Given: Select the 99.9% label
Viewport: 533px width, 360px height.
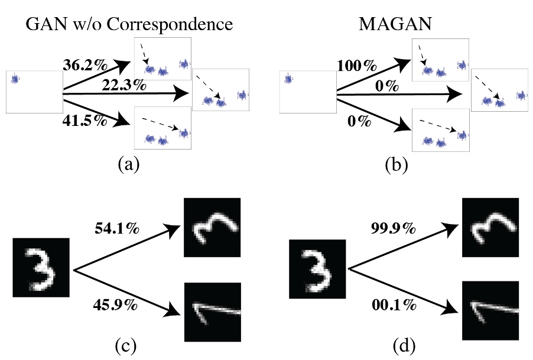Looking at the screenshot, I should tap(394, 227).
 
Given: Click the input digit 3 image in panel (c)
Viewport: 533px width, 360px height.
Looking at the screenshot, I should tap(41, 267).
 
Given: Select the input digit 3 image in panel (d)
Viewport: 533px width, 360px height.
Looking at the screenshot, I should tap(317, 267).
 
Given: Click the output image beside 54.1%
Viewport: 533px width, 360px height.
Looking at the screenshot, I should tap(212, 226).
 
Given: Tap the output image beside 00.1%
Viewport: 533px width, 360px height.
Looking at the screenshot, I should tap(490, 311).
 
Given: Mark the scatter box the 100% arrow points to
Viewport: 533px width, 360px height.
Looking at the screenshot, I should tap(440, 60).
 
